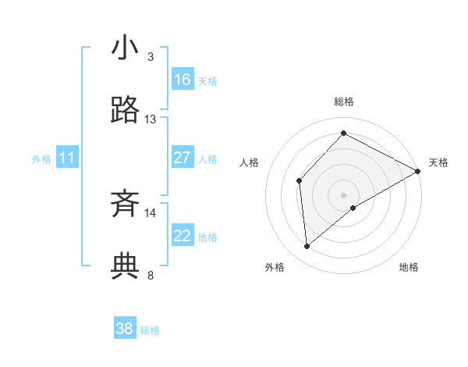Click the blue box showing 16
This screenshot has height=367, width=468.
coord(183,79)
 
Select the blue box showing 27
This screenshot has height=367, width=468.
coord(183,158)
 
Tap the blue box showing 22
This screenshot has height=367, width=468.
coord(183,236)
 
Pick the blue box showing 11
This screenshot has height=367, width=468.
coord(67,159)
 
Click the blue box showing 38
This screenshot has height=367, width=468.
coord(125,329)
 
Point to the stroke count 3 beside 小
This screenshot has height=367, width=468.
coord(151,57)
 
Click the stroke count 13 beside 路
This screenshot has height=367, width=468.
coord(151,119)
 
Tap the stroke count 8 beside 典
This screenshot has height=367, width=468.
coord(151,276)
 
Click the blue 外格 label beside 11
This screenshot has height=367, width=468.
coord(41,159)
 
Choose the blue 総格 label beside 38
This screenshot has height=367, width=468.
coord(150,330)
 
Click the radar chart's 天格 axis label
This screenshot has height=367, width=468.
coord(438,162)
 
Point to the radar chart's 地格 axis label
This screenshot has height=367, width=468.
coord(409,267)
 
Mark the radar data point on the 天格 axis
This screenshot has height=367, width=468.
coord(418,172)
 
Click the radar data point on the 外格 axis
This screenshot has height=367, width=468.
coord(307,247)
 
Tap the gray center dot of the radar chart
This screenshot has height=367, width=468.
coord(343,194)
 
